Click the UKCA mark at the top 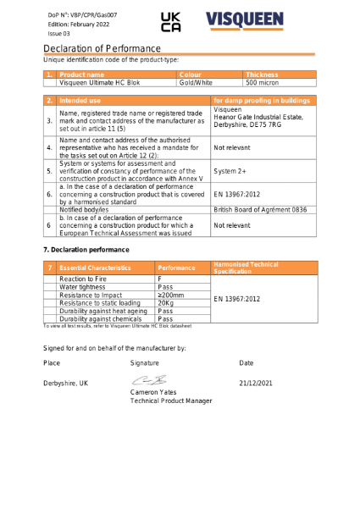click(x=170, y=22)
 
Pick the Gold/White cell click(x=197, y=83)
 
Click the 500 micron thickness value click(x=263, y=83)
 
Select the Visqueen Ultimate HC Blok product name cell click(x=100, y=83)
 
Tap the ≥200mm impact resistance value click(x=171, y=295)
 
